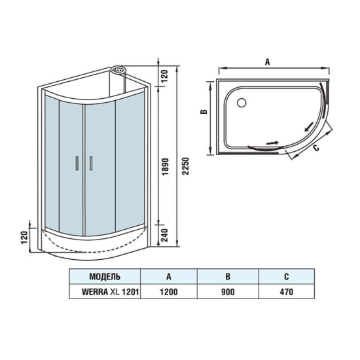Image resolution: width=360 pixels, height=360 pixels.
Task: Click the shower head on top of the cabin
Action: coord(118,69)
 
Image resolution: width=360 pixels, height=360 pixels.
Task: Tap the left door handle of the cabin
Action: coord(79,164)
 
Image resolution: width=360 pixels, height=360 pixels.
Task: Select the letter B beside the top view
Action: coord(204,113)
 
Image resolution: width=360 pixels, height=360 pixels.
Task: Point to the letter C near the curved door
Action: coord(317,149)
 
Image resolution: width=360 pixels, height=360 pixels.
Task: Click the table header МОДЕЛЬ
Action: coord(105,277)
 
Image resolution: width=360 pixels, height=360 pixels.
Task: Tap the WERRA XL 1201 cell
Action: coord(105,292)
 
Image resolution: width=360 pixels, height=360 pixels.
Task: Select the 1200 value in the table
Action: coord(168,292)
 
